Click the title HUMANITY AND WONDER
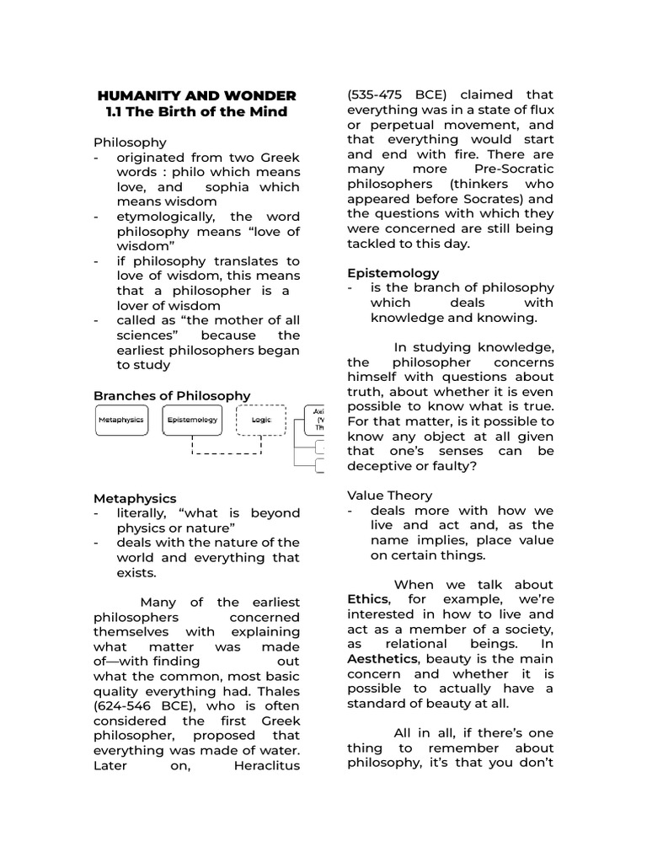coord(197,95)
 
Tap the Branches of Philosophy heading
coord(172,395)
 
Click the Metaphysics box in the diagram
coord(121,420)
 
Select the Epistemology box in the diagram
coord(192,420)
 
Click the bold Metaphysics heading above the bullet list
coord(135,498)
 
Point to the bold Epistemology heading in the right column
coord(393,272)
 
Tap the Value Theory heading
coord(390,496)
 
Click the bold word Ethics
coord(368,599)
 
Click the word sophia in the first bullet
coord(227,187)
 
